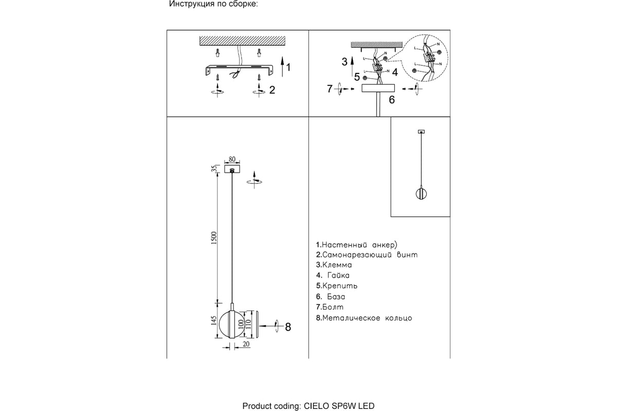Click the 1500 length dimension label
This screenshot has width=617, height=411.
click(214, 238)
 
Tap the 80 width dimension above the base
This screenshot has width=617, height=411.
click(232, 159)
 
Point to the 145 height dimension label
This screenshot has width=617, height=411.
click(214, 321)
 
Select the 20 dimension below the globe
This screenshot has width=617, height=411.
click(246, 344)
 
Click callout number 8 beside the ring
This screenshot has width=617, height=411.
click(288, 327)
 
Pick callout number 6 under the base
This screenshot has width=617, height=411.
click(392, 100)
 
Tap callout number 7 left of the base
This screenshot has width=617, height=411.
click(330, 89)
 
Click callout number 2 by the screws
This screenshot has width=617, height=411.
click(272, 90)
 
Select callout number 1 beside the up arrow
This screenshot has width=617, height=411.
click(288, 67)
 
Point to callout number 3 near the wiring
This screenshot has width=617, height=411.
click(344, 62)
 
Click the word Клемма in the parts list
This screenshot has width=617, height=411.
click(337, 265)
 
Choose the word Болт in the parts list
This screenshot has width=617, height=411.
click(333, 307)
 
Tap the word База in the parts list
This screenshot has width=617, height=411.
click(336, 296)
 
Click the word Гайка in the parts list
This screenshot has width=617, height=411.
click(338, 275)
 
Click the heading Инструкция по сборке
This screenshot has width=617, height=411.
click(213, 4)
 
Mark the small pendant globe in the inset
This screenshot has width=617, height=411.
click(421, 194)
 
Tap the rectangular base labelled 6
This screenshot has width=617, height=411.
click(378, 88)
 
